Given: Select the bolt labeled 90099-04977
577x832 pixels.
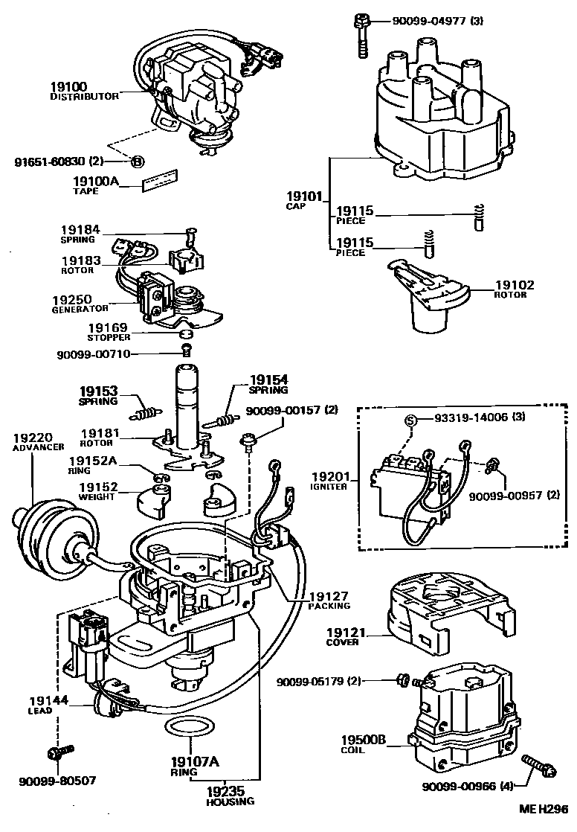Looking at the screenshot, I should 361,33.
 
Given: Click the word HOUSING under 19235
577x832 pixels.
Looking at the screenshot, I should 231,801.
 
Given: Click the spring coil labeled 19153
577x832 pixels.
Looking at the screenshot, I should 147,412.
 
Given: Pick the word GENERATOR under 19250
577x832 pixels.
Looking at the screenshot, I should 80,308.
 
